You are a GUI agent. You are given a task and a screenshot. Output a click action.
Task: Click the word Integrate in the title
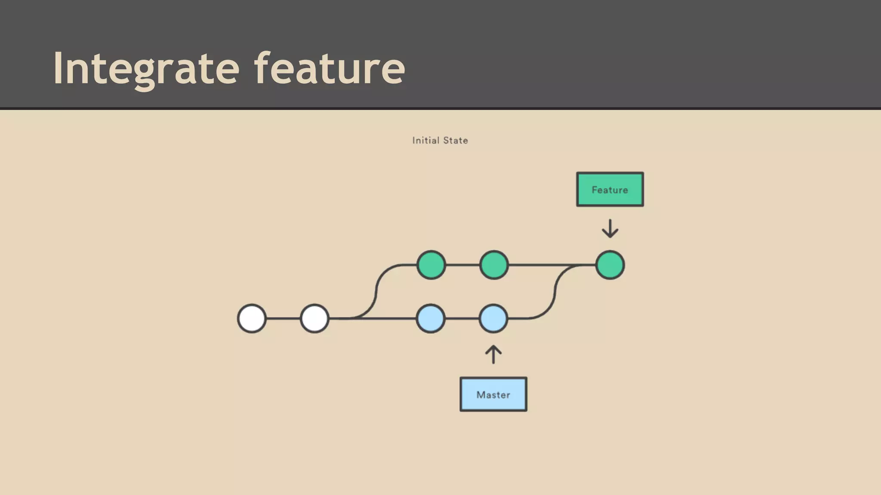pyautogui.click(x=146, y=69)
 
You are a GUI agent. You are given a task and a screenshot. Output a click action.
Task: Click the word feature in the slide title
pyautogui.click(x=330, y=69)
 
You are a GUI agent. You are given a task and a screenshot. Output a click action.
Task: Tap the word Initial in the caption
pyautogui.click(x=425, y=141)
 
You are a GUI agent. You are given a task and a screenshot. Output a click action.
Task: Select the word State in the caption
pyautogui.click(x=456, y=141)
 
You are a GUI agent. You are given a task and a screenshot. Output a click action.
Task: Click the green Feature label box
pyautogui.click(x=610, y=189)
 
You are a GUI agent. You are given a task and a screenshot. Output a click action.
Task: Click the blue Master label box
pyautogui.click(x=493, y=394)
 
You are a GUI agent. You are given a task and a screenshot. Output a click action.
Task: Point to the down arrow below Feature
pyautogui.click(x=610, y=229)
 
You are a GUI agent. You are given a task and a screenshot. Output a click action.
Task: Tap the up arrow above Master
pyautogui.click(x=493, y=355)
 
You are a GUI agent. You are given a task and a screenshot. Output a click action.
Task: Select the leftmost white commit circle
pyautogui.click(x=252, y=318)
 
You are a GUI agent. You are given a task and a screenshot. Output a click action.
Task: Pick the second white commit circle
pyautogui.click(x=314, y=318)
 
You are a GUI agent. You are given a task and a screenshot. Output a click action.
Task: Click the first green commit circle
pyautogui.click(x=431, y=265)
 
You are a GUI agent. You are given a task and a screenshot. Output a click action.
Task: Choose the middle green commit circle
pyautogui.click(x=494, y=265)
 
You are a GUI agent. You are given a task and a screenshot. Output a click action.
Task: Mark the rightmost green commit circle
pyautogui.click(x=610, y=265)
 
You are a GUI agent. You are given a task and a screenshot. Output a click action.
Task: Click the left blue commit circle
pyautogui.click(x=431, y=318)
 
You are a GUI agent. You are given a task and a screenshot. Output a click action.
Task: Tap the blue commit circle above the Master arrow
pyautogui.click(x=493, y=318)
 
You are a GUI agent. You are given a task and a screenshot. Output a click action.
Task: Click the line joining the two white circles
pyautogui.click(x=283, y=318)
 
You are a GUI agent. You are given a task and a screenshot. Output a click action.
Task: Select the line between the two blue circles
pyautogui.click(x=462, y=318)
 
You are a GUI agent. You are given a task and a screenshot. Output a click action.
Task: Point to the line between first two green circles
pyautogui.click(x=462, y=265)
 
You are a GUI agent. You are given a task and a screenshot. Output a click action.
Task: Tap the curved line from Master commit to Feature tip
pyautogui.click(x=555, y=292)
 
